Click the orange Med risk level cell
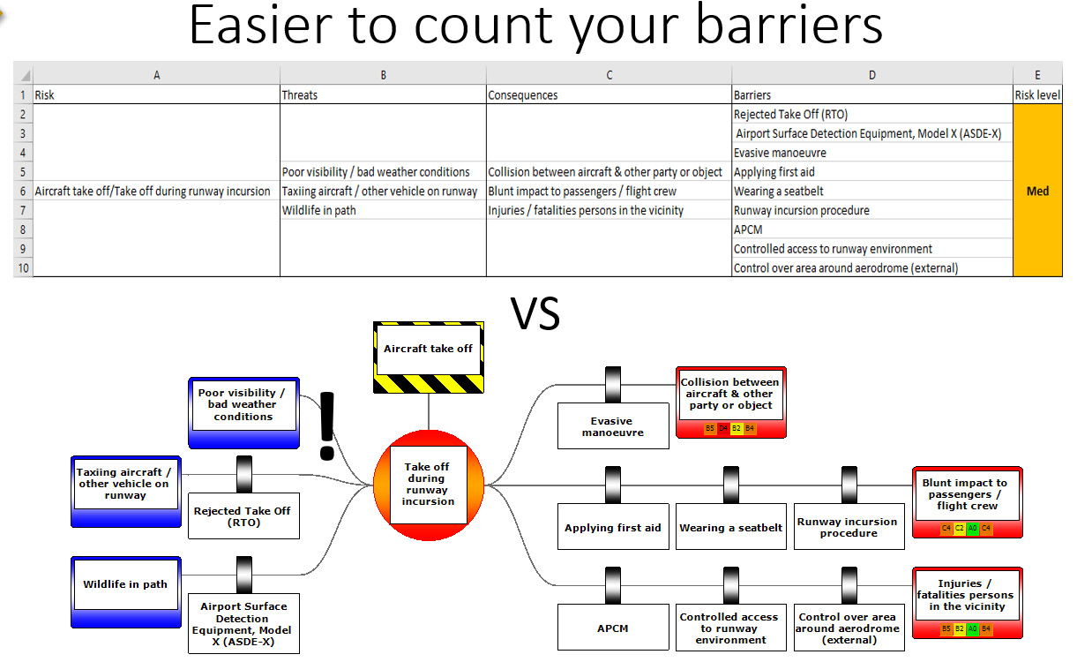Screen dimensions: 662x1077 coord(1037,191)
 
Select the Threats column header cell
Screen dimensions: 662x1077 coord(383,94)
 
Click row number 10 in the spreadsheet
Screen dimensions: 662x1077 coord(23,267)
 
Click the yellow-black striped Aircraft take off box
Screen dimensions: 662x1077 coord(429,357)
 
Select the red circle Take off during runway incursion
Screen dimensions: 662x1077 coord(429,485)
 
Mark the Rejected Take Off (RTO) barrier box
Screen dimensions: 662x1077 coord(243,516)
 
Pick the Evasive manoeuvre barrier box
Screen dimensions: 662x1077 coord(612,427)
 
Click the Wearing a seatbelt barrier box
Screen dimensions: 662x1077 coord(730,528)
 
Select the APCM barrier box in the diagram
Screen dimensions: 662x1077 coord(612,628)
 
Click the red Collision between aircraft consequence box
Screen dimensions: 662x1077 coord(730,402)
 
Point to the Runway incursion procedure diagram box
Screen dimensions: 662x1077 coord(849,527)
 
